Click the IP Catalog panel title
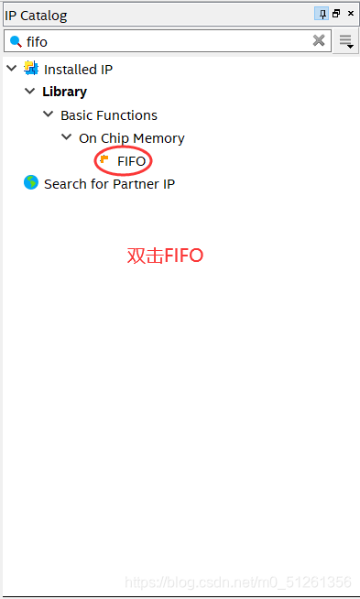tap(37, 16)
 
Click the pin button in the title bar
tap(322, 14)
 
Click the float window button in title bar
tap(336, 14)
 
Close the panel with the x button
tap(350, 14)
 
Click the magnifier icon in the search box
tap(16, 41)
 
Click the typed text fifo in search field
tap(37, 41)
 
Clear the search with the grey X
tap(319, 40)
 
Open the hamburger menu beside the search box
tap(346, 41)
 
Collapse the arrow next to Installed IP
tap(11, 69)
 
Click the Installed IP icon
tap(31, 69)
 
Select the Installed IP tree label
tap(78, 70)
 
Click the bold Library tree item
tap(64, 92)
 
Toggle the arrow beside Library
tap(30, 92)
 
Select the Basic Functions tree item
tap(108, 115)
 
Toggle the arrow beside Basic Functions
tap(48, 114)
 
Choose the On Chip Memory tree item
tap(131, 138)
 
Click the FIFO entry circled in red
tap(131, 161)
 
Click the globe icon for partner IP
tap(31, 183)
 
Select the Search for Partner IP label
tap(109, 184)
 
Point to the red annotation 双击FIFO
tap(165, 256)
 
